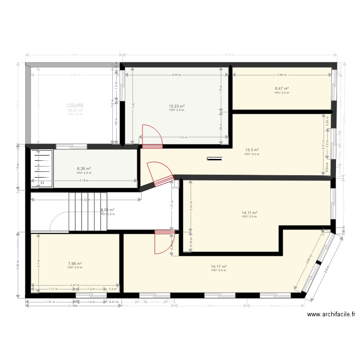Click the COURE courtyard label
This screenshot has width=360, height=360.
tap(75, 105)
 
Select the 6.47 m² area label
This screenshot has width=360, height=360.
tap(281, 88)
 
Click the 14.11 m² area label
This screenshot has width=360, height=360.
tap(250, 213)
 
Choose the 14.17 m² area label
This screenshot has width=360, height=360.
tap(218, 266)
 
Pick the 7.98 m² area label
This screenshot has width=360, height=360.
tap(74, 264)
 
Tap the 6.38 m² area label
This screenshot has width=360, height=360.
tap(84, 169)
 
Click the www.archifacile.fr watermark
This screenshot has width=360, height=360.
tap(331, 314)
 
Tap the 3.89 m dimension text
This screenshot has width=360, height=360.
tap(283, 75)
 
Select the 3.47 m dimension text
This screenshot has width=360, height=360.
tap(74, 285)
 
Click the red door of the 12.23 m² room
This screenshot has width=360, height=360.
tap(152, 135)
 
